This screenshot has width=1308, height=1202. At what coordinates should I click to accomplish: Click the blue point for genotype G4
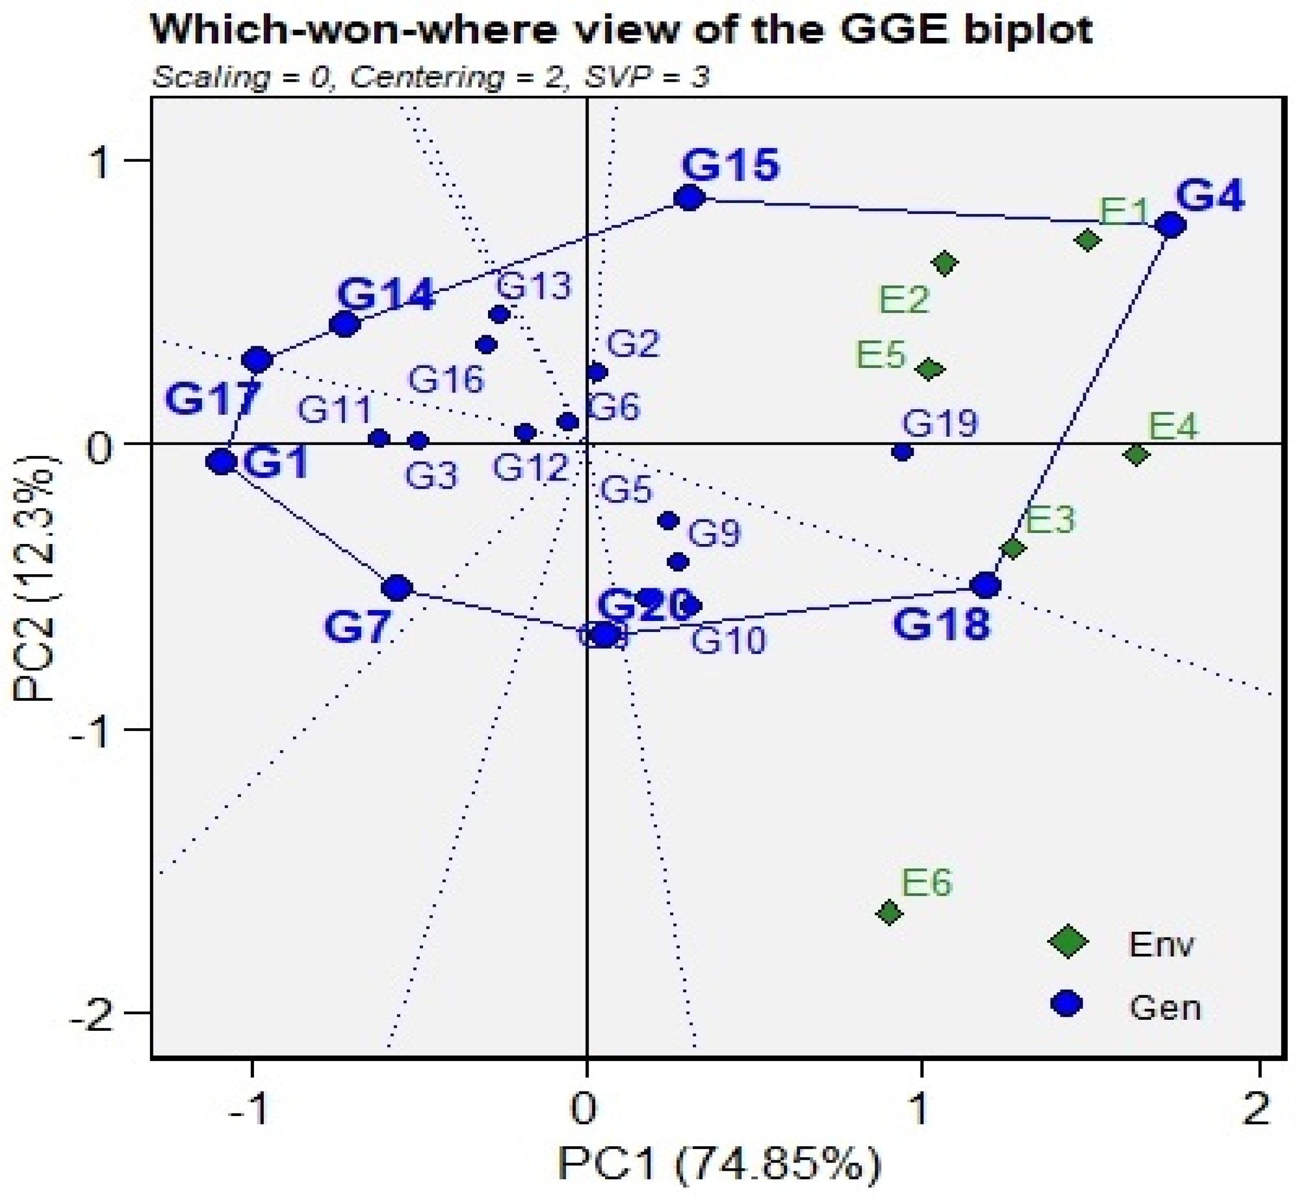[x=1171, y=226]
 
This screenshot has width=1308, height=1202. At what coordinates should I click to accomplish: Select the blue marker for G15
[x=690, y=198]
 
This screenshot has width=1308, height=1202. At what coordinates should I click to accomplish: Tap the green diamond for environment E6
[x=889, y=913]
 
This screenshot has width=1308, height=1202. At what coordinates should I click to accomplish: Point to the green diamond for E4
[x=1136, y=454]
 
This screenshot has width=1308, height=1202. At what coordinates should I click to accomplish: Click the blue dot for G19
[x=902, y=452]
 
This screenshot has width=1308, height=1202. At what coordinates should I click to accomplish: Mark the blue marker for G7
[x=397, y=588]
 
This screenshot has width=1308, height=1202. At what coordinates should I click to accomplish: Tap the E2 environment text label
[x=904, y=299]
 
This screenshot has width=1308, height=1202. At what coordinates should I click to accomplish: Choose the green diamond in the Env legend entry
[x=1068, y=941]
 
